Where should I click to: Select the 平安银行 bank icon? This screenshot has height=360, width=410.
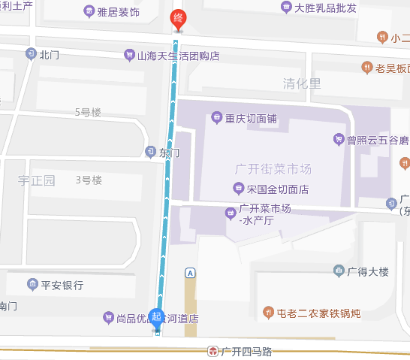[33, 284]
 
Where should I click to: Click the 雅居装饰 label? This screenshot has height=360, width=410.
[119, 12]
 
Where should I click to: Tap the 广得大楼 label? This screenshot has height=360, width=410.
[366, 270]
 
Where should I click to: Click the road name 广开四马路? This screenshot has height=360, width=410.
[246, 351]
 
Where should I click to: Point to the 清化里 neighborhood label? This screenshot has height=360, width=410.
[302, 83]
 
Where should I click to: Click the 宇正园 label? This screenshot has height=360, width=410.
[37, 180]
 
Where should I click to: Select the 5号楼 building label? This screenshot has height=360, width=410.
[88, 112]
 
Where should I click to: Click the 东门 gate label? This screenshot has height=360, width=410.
[170, 153]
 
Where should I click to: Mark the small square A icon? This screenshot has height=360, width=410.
[191, 272]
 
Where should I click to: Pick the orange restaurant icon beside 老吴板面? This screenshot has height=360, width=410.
[366, 68]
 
